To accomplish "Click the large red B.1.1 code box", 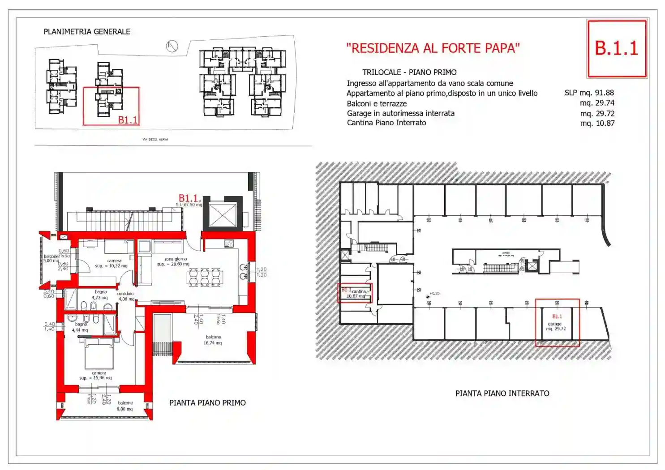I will (x=617, y=48).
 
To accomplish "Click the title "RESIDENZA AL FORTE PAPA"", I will (x=433, y=48).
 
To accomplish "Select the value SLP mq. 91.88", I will (x=589, y=93).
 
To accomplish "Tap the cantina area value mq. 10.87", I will (x=597, y=123).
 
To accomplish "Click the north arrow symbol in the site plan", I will (x=172, y=46).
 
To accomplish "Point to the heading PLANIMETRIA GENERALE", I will (x=87, y=32).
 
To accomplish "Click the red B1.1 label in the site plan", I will (x=128, y=120).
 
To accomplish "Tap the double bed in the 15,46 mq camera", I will (x=99, y=354).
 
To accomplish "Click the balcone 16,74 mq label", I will (x=213, y=340).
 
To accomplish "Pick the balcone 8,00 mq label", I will (x=125, y=406).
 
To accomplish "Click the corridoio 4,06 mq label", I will (x=125, y=296).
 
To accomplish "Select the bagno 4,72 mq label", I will (x=100, y=295).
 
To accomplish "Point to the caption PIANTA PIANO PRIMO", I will (x=207, y=403).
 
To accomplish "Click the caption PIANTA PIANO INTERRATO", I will (x=502, y=393).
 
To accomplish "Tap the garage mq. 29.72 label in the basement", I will (x=555, y=326).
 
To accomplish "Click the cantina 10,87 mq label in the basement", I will (x=357, y=294).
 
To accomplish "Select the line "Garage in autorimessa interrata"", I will (x=400, y=113).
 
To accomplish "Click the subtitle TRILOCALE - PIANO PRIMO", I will (x=409, y=73).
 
